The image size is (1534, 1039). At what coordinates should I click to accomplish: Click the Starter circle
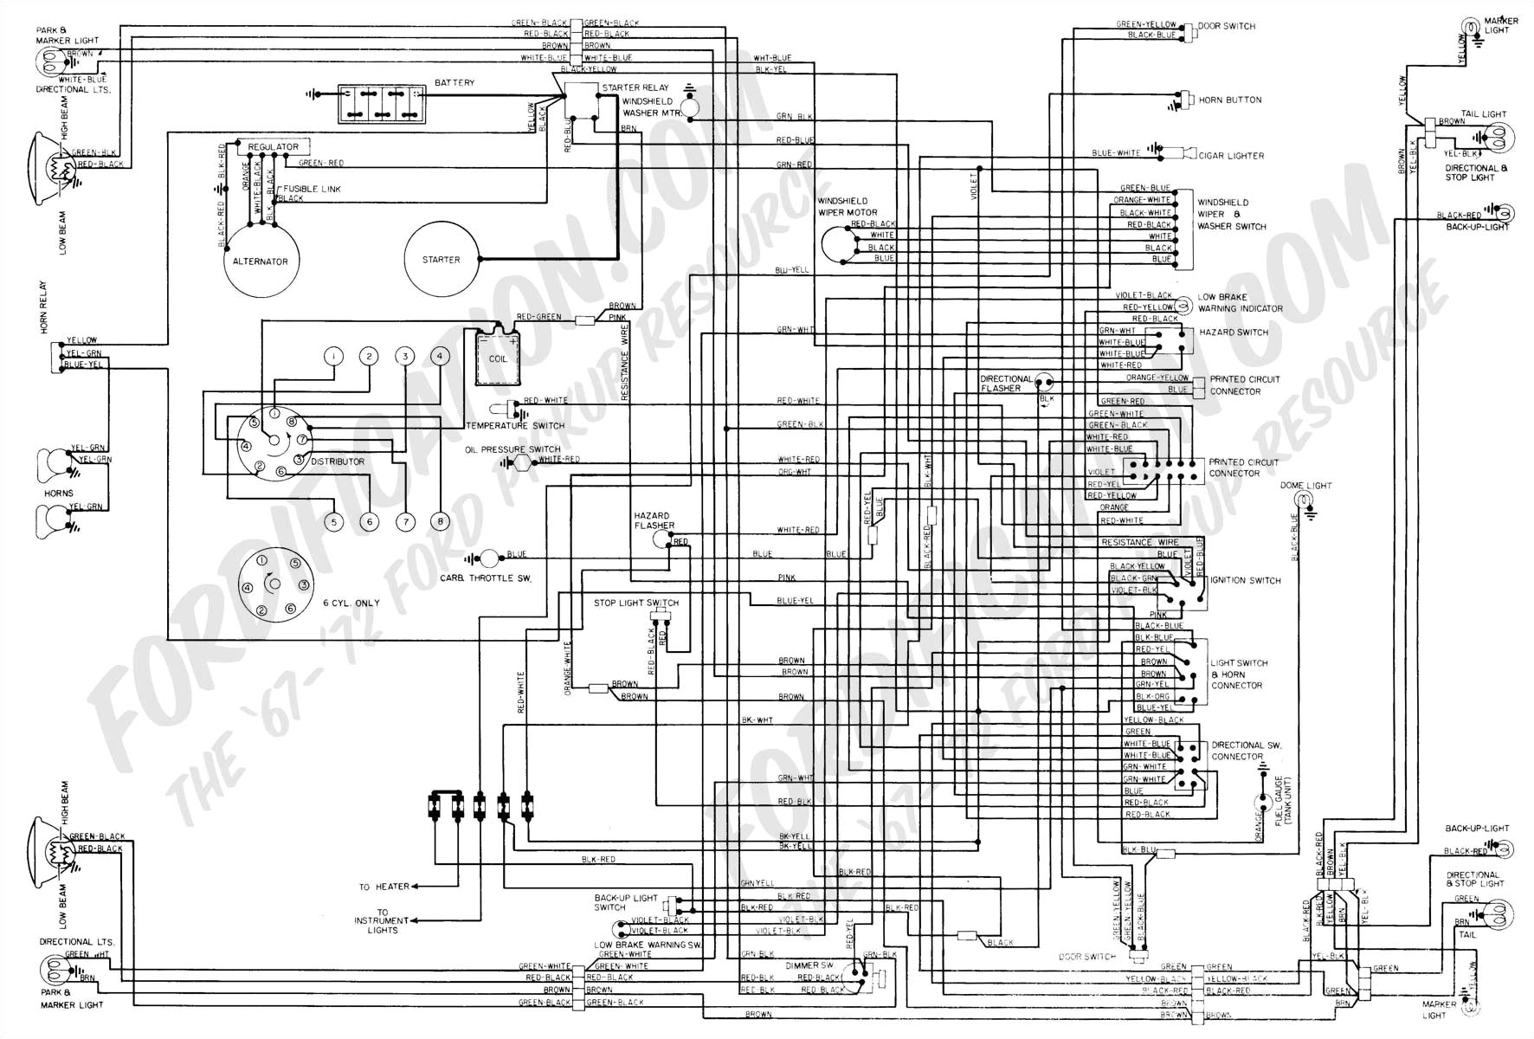[x=442, y=259]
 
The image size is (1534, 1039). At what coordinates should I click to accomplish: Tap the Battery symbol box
[x=381, y=104]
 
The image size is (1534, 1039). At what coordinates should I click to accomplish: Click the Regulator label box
[x=274, y=147]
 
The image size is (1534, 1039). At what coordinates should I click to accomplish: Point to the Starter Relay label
[x=635, y=87]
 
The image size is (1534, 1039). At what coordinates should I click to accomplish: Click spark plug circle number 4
[x=440, y=356]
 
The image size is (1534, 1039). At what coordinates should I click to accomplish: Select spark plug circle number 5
[x=333, y=522]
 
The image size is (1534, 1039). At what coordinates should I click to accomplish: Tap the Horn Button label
[x=1229, y=100]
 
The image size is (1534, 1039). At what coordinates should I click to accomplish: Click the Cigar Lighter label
[x=1231, y=156]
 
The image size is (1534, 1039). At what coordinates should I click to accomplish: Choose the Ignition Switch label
[x=1245, y=580]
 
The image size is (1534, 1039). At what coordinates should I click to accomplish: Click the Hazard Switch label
[x=1234, y=332]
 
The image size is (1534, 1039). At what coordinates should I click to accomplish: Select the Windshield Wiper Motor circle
[x=835, y=244]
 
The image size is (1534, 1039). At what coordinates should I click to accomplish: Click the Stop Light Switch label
[x=636, y=603]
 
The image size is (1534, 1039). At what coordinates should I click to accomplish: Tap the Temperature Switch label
[x=515, y=425]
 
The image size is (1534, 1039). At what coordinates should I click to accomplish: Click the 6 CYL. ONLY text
[x=351, y=603]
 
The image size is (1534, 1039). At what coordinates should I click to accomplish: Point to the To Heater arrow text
[x=384, y=887]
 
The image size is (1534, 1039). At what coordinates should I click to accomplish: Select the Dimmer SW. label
[x=809, y=964]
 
